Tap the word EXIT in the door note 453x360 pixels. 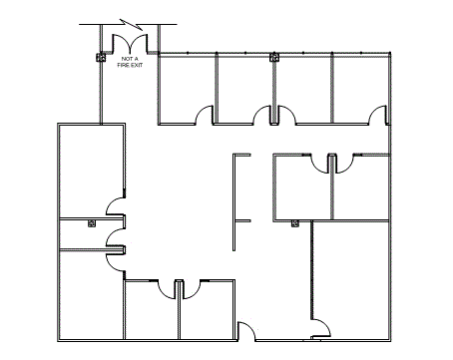pyautogui.click(x=137, y=65)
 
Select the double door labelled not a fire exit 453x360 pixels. pyautogui.click(x=130, y=44)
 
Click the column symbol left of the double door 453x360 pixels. pyautogui.click(x=101, y=58)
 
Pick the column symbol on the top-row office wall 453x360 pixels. pyautogui.click(x=274, y=58)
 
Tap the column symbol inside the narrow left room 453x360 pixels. pyautogui.click(x=92, y=223)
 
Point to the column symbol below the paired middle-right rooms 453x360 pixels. pyautogui.click(x=294, y=223)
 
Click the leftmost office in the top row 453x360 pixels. pyautogui.click(x=187, y=89)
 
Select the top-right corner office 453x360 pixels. pyautogui.click(x=360, y=89)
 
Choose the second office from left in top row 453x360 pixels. pyautogui.click(x=244, y=89)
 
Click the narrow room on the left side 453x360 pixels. pyautogui.click(x=92, y=233)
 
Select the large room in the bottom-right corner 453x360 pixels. pyautogui.click(x=350, y=280)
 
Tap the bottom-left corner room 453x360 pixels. pyautogui.click(x=92, y=295)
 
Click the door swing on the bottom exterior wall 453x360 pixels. pyautogui.click(x=246, y=331)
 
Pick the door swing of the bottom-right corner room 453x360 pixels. pyautogui.click(x=321, y=328)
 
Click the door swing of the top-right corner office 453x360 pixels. pyautogui.click(x=378, y=115)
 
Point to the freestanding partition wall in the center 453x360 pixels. pyautogui.click(x=234, y=202)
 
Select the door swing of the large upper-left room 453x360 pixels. pyautogui.click(x=115, y=206)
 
